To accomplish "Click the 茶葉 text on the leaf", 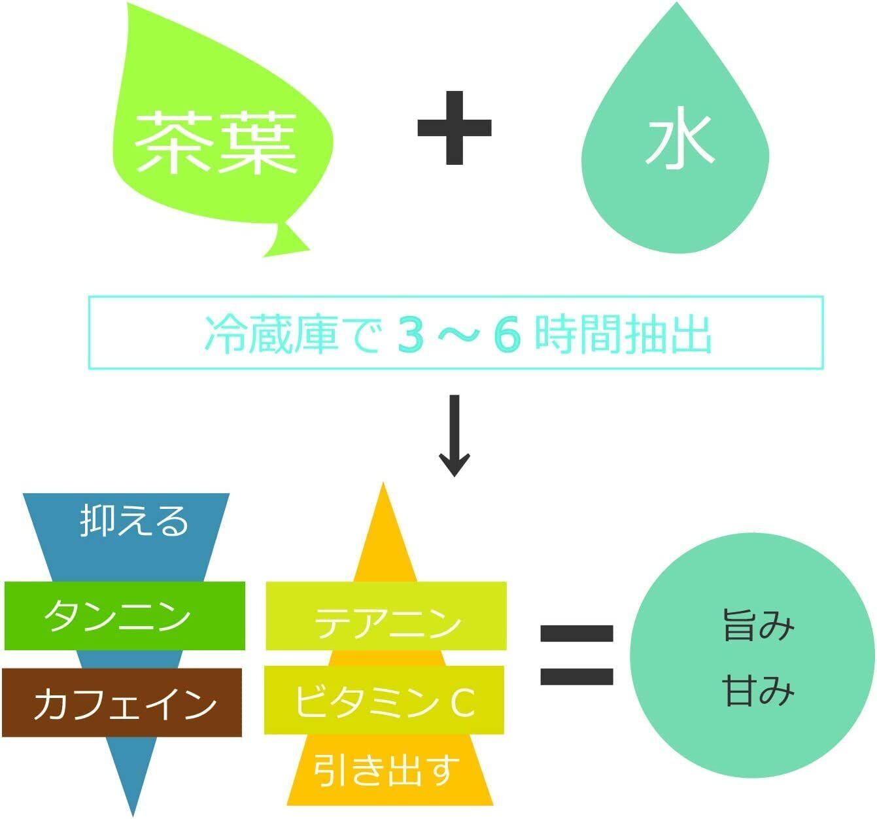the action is pos(216,143).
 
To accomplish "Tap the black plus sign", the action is pos(455,128).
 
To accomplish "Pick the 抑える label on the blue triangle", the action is pos(134,521).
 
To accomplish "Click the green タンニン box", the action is pos(124,616).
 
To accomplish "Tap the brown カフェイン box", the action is pos(122,703).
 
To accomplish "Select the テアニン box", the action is pos(386,616).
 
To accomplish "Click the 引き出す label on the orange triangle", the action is pos(383,770).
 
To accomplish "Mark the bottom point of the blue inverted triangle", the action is pos(133,816).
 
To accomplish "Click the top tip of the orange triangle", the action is pos(383,483).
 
